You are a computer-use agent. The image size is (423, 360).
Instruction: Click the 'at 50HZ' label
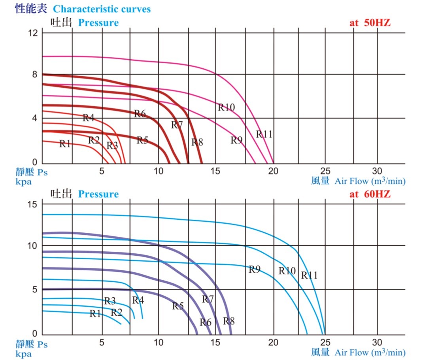point(370,23)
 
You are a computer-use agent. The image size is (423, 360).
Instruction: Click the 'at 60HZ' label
point(370,194)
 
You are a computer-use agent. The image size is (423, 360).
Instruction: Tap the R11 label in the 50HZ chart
point(264,134)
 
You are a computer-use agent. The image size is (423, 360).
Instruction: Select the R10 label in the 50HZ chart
point(227,107)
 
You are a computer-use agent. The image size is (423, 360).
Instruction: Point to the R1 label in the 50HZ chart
point(65,143)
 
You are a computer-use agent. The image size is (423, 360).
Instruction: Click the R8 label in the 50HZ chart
point(197,142)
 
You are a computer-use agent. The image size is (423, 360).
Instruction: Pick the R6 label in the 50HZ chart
point(140,114)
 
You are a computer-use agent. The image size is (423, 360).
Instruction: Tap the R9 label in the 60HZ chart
point(255,270)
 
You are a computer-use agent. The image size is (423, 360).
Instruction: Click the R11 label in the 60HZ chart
point(309,275)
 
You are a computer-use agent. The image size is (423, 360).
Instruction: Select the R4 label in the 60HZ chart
point(138,300)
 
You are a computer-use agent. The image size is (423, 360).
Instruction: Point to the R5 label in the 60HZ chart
point(178,306)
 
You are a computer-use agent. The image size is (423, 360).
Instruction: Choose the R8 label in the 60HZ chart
point(229,321)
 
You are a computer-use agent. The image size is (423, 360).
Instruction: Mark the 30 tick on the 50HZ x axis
point(377,171)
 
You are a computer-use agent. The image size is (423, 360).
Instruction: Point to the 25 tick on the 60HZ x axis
point(325,342)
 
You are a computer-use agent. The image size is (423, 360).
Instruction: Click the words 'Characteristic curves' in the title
point(102,9)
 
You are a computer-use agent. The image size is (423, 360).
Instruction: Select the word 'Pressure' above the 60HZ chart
point(98,194)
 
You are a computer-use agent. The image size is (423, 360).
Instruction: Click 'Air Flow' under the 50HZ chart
point(352,181)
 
